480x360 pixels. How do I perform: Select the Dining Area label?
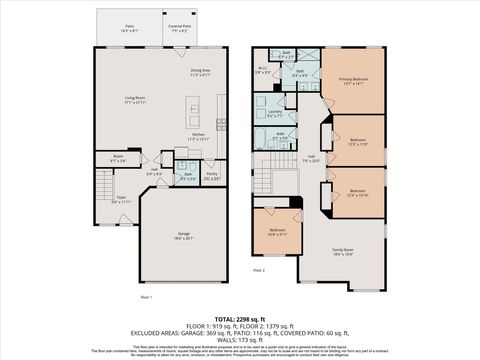200,72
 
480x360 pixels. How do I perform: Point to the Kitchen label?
200,137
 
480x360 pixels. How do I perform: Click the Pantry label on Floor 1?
211,176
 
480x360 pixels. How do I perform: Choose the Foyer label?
120,199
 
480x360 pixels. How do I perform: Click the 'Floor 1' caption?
147,297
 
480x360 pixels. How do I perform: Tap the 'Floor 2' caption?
259,270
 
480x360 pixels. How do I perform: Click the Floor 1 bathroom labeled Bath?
188,176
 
